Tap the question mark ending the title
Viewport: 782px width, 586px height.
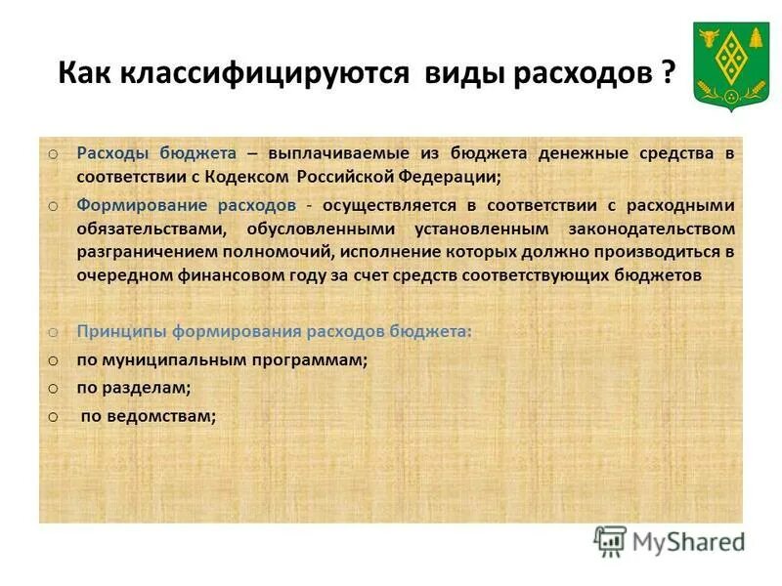(668, 75)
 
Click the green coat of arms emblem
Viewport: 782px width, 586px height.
(730, 66)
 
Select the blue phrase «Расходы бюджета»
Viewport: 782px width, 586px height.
(157, 153)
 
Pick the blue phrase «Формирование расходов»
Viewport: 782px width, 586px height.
(186, 205)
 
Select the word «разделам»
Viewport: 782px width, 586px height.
(149, 388)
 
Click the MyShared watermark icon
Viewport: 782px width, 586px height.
(611, 541)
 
